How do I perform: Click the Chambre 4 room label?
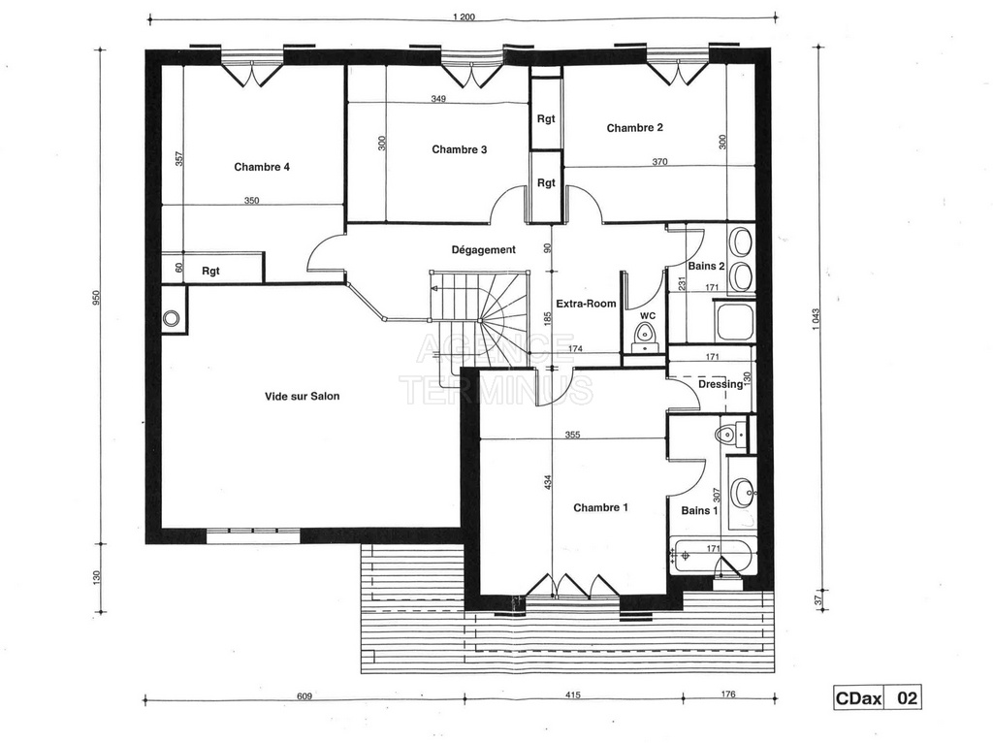(262, 167)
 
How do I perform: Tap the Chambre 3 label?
(459, 149)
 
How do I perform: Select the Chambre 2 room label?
(634, 128)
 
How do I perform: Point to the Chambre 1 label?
(600, 507)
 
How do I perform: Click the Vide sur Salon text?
(303, 397)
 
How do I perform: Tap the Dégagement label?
(483, 249)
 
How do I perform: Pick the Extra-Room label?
(586, 304)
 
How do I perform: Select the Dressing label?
(721, 384)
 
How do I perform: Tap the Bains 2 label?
(706, 266)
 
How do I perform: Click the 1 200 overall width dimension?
(464, 17)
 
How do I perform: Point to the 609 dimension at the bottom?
(304, 695)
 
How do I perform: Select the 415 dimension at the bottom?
(572, 695)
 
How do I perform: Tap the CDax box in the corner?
(858, 698)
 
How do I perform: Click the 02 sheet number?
(907, 698)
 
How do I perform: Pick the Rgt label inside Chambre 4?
(210, 271)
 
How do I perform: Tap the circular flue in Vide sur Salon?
(171, 318)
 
